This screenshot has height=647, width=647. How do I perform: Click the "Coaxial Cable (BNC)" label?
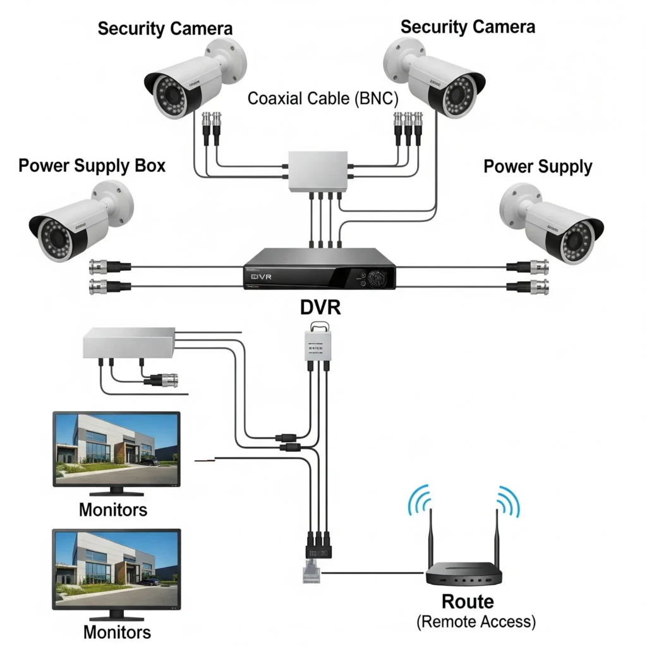tap(323, 99)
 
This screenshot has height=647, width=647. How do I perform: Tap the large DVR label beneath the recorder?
tap(320, 308)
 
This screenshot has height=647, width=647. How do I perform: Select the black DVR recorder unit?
tap(320, 269)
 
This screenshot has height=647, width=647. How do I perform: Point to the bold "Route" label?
tap(468, 601)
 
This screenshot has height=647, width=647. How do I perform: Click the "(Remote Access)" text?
tap(476, 622)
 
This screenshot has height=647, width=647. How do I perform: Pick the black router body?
tap(463, 576)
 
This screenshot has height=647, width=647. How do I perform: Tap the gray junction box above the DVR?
tap(317, 171)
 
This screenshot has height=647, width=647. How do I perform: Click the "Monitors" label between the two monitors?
tap(113, 509)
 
